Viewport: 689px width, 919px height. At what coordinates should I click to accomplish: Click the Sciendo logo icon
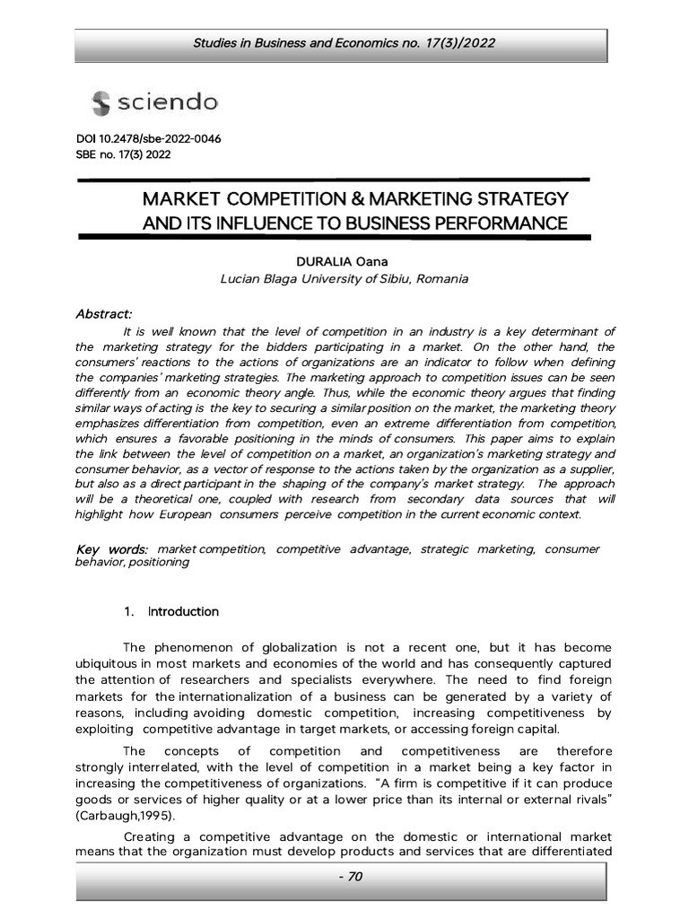coord(100,104)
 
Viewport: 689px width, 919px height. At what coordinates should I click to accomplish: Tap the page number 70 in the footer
coord(344,877)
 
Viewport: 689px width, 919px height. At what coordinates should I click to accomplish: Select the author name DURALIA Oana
coord(344,261)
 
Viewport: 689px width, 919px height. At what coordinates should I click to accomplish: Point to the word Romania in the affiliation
coord(440,279)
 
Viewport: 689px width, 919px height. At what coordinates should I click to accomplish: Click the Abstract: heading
coord(104,313)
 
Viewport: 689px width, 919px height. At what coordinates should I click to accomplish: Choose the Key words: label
coord(112,548)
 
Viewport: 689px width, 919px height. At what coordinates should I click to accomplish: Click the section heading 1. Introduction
coord(171,611)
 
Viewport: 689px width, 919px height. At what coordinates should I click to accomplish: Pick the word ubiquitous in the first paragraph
coord(108,663)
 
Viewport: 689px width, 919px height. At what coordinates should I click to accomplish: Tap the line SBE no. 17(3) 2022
coord(123,154)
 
